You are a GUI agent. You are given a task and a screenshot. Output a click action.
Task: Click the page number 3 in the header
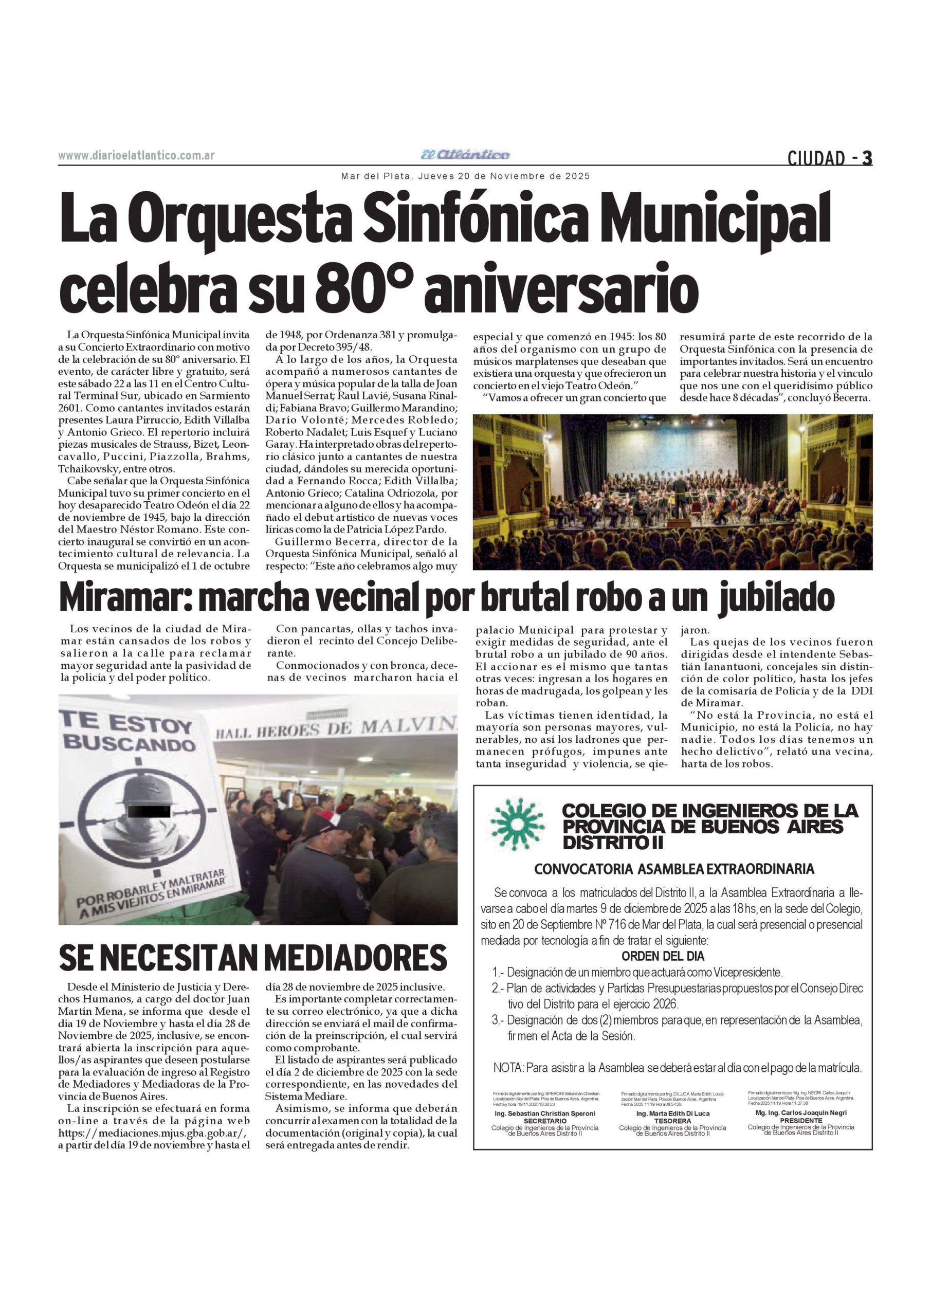867,158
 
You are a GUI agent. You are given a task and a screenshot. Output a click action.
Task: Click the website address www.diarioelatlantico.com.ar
136,156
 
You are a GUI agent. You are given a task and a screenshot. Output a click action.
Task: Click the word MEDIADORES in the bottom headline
355,958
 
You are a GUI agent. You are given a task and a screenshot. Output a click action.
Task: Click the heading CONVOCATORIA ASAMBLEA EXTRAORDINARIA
673,869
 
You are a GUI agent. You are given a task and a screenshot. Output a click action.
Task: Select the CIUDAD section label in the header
816,158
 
